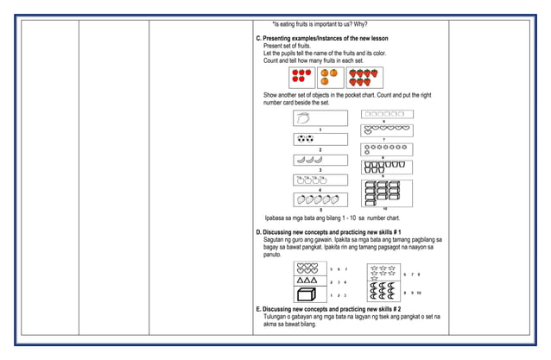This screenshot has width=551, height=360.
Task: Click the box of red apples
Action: click(301, 77)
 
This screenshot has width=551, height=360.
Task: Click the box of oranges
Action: click(329, 77)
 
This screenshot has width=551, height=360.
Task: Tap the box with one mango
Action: click(320, 117)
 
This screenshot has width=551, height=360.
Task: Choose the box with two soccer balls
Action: click(320, 138)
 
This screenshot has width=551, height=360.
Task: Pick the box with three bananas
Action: click(320, 160)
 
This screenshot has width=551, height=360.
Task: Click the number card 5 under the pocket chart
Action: click(320, 210)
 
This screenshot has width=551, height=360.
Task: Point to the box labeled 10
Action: click(385, 193)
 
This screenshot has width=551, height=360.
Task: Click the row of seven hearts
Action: click(386, 130)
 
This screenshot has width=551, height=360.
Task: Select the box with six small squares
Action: click(386, 114)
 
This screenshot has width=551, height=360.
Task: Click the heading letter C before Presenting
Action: click(258, 39)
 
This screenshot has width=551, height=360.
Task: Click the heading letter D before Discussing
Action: click(258, 232)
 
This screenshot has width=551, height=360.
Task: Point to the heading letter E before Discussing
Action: click(258, 309)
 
